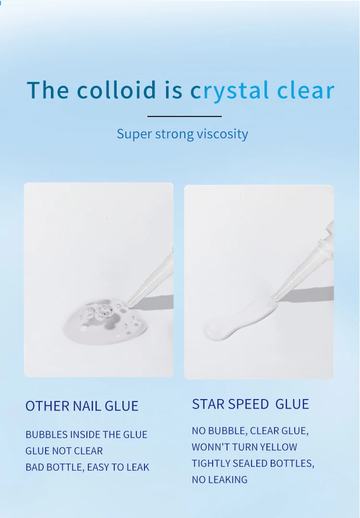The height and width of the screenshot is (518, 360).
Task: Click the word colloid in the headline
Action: coord(116,90)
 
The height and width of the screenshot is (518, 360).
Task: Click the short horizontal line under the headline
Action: coord(184,116)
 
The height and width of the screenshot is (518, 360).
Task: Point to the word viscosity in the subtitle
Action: coord(222,134)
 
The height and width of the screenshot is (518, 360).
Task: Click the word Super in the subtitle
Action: coord(134,134)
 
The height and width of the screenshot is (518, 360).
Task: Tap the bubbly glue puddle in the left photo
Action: coord(106,321)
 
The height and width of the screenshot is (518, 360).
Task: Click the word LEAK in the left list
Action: coord(138,467)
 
